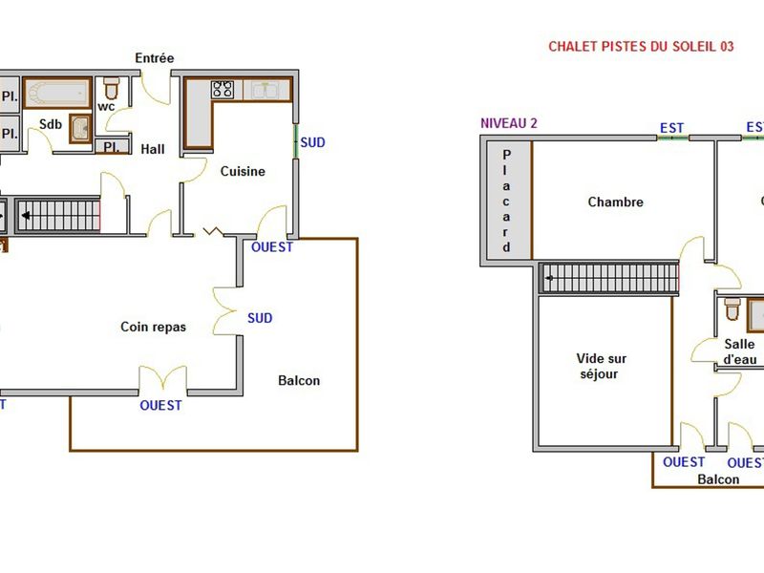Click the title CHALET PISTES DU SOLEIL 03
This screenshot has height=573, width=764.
click(641, 46)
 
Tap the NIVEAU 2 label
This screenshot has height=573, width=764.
click(509, 122)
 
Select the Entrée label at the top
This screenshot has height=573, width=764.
click(154, 58)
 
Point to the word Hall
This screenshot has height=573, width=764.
click(153, 149)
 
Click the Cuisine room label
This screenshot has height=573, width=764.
click(243, 171)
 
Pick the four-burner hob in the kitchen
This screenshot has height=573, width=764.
click(223, 89)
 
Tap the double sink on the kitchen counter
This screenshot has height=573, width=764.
click(265, 90)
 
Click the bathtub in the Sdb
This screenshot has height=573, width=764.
click(56, 93)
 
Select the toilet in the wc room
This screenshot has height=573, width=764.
click(111, 90)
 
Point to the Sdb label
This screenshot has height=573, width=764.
click(51, 125)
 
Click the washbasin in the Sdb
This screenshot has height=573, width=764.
click(81, 129)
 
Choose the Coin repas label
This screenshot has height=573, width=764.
click(153, 327)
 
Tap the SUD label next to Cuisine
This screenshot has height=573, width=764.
click(313, 142)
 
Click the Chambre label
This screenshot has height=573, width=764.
click(615, 202)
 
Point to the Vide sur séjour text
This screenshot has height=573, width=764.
click(602, 366)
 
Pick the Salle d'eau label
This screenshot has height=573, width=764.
click(739, 351)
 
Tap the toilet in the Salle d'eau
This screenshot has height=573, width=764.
click(732, 309)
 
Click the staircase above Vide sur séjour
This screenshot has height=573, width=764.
click(609, 278)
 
